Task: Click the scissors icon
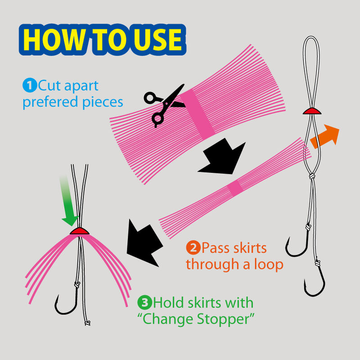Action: click(165, 105)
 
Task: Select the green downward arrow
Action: click(68, 200)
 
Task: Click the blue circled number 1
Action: click(30, 85)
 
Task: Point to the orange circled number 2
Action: click(193, 247)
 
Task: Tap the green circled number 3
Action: click(144, 302)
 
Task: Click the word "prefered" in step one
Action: click(50, 102)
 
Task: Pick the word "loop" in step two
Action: click(269, 265)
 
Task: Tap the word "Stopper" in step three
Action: click(223, 319)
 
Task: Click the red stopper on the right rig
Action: click(312, 111)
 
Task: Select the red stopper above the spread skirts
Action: click(80, 231)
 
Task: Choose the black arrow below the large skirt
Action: click(222, 156)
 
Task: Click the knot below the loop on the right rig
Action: click(312, 176)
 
